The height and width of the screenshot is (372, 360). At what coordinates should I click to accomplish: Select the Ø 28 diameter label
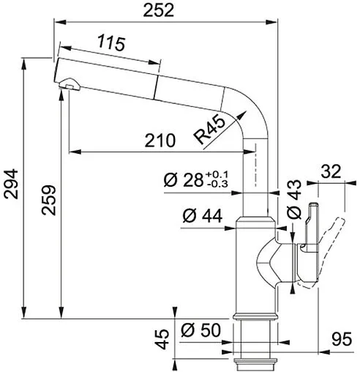pos(183,180)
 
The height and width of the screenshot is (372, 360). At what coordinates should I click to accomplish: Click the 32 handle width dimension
pos(331,172)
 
